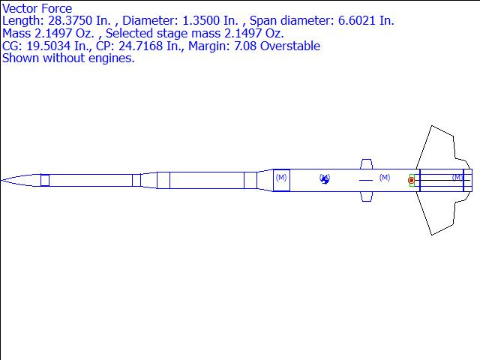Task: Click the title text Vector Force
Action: click(x=37, y=8)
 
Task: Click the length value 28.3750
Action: click(x=70, y=21)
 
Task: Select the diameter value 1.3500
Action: click(x=201, y=21)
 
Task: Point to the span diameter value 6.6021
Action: click(x=356, y=21)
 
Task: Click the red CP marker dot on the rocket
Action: click(x=411, y=181)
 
